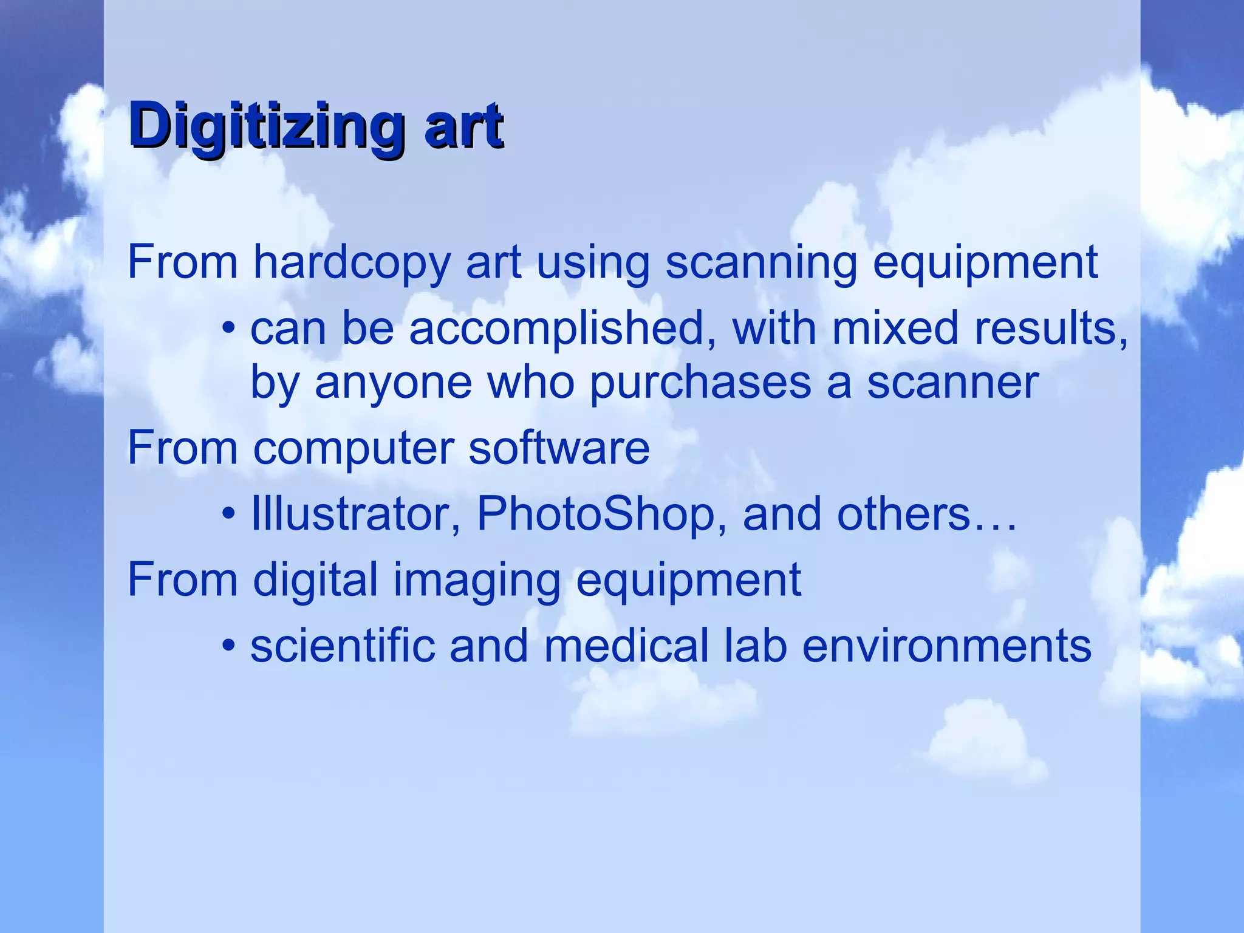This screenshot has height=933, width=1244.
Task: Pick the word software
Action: (x=559, y=448)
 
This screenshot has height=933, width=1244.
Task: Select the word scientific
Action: (x=343, y=645)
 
